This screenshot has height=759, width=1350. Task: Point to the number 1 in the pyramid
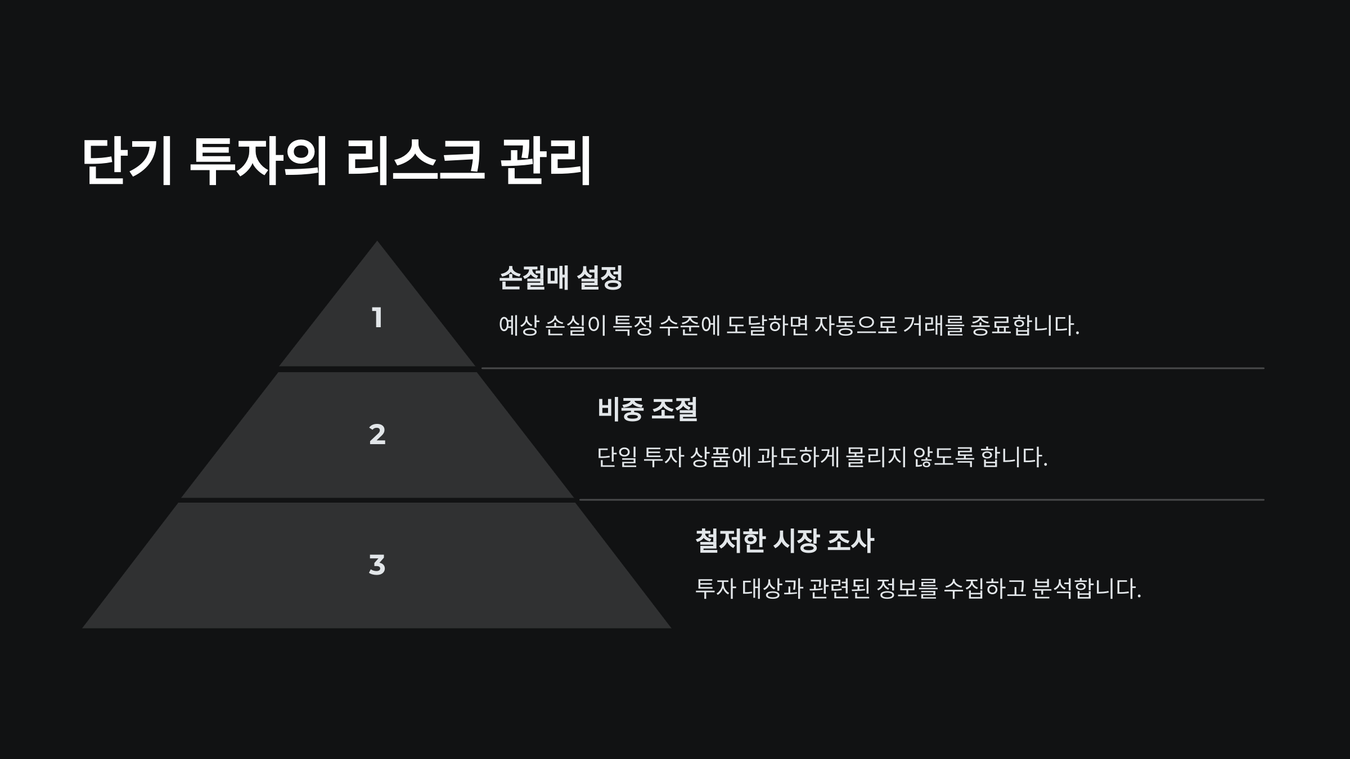(377, 318)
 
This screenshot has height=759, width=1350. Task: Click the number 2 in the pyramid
(377, 435)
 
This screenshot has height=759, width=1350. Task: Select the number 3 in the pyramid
(377, 565)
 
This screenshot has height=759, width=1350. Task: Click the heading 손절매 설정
(560, 278)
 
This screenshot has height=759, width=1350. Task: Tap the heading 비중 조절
(647, 409)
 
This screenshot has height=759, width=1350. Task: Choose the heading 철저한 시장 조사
(784, 541)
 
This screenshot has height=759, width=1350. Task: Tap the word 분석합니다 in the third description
(1086, 589)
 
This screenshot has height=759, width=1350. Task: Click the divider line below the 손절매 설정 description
(872, 368)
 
